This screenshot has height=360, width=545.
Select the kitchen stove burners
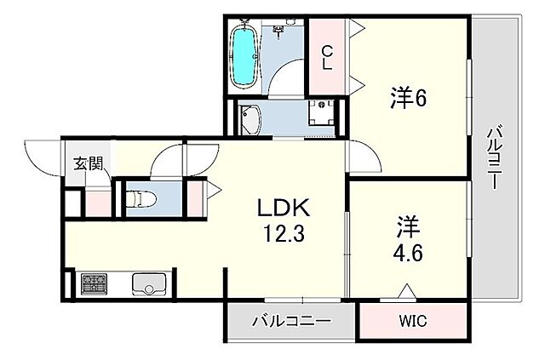(92, 283)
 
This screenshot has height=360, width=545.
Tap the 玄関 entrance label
(87, 163)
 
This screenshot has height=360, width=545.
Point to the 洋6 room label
(409, 98)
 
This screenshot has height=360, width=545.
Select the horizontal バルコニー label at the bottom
(290, 322)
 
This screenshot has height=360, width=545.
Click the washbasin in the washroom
(251, 120)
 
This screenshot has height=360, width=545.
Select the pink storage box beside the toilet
(196, 197)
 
